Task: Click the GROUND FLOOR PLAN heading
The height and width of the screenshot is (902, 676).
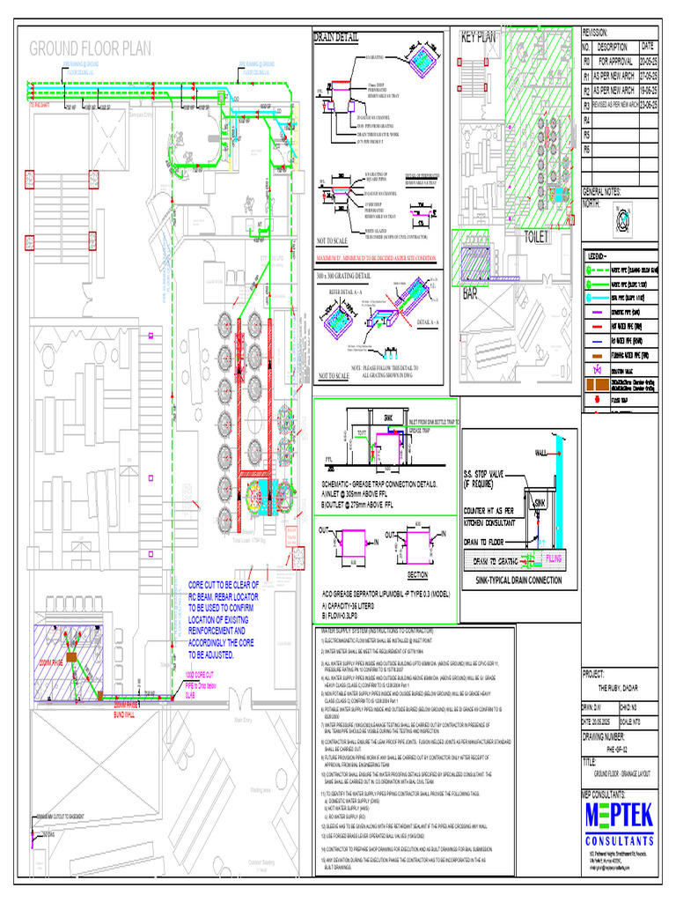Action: coord(92,48)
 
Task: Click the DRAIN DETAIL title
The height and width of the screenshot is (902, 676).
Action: coord(335,37)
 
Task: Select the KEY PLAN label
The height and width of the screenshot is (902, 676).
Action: coord(478,37)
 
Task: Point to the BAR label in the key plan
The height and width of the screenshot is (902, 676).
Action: coord(473,294)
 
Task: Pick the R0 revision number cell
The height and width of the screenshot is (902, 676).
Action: coord(586,62)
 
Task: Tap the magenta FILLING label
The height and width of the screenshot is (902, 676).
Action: coord(554,558)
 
